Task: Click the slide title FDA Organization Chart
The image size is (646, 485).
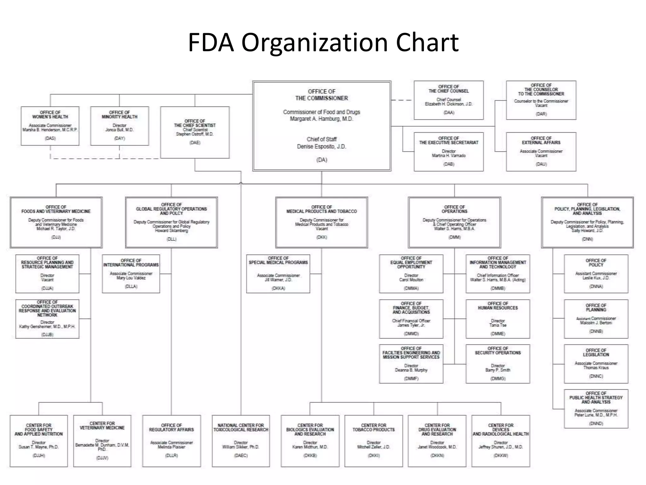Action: (x=323, y=42)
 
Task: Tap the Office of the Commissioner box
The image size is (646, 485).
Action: (x=322, y=126)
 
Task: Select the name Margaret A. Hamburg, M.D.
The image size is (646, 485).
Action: (x=321, y=119)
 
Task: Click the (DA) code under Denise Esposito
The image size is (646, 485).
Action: (x=322, y=160)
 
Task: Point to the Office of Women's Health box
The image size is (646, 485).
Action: (x=50, y=126)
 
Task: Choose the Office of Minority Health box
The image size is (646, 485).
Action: (x=120, y=126)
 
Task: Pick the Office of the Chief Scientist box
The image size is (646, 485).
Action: (x=195, y=132)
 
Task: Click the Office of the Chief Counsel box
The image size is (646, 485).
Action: (x=449, y=100)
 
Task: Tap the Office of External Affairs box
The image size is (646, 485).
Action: (x=541, y=152)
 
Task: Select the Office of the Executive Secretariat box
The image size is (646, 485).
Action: (x=449, y=152)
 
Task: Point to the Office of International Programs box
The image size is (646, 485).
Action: (x=131, y=274)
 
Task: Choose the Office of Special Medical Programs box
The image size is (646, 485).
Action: (x=278, y=274)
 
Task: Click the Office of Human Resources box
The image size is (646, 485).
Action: (x=498, y=319)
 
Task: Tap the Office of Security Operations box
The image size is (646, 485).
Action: (x=498, y=364)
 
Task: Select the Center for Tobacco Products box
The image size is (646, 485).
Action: (x=374, y=441)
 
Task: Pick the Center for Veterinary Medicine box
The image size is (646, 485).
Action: (x=102, y=441)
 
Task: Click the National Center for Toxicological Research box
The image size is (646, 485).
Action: (x=241, y=441)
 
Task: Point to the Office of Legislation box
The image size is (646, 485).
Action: (x=596, y=364)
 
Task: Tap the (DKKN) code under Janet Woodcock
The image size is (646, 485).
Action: (x=437, y=456)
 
